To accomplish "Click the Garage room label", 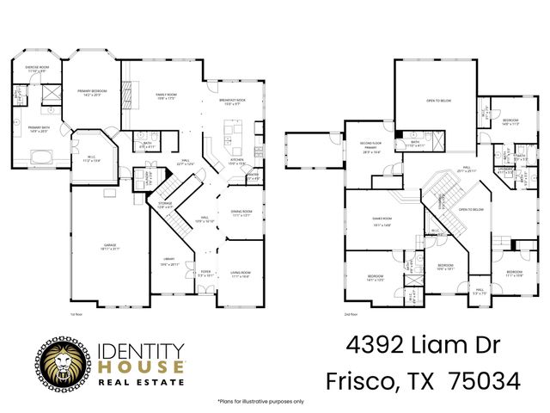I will coord(110,247).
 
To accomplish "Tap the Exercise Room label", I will coord(36,69).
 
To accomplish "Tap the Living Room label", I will coord(239,274).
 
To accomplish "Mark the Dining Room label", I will coord(241,213).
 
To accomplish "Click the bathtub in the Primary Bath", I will coord(40,156).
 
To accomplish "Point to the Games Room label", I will coord(382,224).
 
